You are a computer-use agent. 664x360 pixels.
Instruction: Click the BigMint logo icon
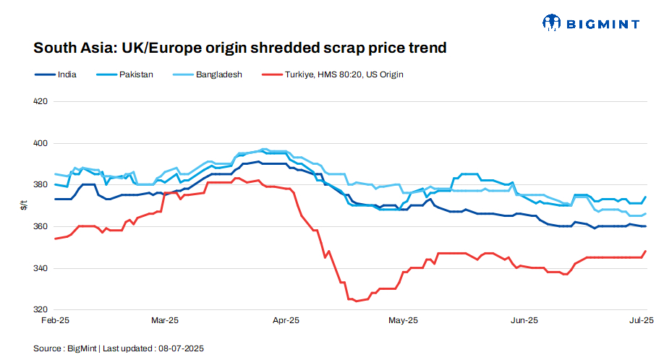coord(551,23)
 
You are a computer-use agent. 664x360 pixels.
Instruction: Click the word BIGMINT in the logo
coord(603,24)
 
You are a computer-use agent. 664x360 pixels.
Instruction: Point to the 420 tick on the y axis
coord(41,101)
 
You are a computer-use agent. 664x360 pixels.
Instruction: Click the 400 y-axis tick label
coord(41,143)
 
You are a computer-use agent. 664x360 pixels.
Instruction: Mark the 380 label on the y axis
coord(41,185)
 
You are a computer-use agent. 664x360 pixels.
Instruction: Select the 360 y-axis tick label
coord(41,227)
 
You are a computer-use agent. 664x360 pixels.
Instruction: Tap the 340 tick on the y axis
coord(41,268)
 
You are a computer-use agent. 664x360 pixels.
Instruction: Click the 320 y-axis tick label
coord(41,310)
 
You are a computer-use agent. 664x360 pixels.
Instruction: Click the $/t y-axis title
coord(24,206)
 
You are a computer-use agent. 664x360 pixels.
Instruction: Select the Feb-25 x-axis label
coord(55,320)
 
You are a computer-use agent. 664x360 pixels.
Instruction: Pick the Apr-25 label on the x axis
coord(287,320)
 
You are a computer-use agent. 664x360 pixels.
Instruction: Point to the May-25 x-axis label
coord(403,320)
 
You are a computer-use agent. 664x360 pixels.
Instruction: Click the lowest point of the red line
coord(356,301)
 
